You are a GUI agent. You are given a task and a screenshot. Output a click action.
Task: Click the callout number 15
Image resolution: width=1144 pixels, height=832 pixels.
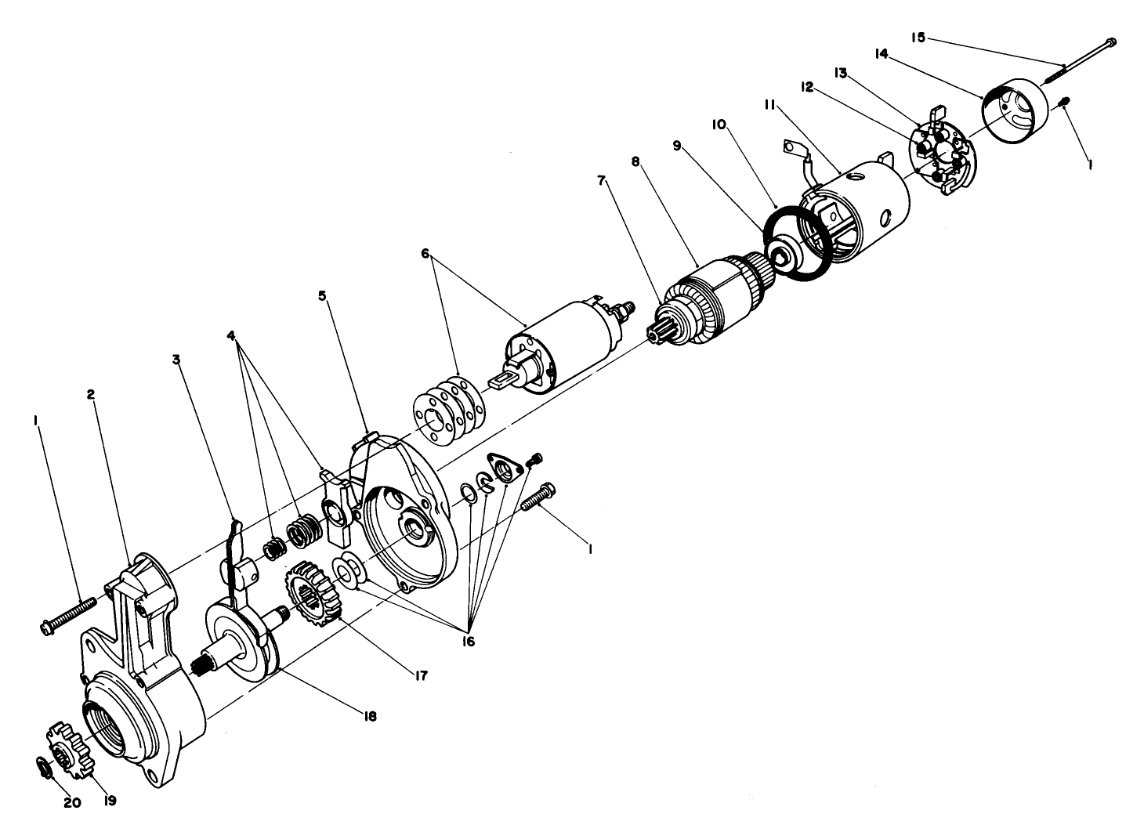tap(918, 37)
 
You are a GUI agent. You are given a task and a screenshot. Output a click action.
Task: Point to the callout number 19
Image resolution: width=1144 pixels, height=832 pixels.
tap(109, 801)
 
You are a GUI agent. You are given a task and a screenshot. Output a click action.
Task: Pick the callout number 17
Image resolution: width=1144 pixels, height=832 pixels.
tap(422, 675)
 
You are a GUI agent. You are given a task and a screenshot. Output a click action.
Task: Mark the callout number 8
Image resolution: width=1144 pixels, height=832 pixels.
tap(635, 161)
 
